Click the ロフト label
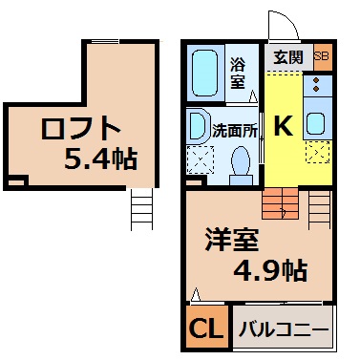tap(80, 128)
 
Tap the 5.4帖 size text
tap(101, 159)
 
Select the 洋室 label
tap(231, 240)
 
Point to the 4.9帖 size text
tap(270, 270)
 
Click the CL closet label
tap(206, 328)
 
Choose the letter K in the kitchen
tap(284, 125)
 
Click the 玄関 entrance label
tap(288, 57)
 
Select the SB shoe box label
tap(321, 56)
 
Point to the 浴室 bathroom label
tap(238, 74)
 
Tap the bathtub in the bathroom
tap(205, 73)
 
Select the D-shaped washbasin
tap(198, 126)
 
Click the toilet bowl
tap(241, 166)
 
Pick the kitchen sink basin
tap(315, 124)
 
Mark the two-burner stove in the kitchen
tap(317, 85)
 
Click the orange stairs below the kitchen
tap(280, 203)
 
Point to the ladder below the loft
tap(142, 209)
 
